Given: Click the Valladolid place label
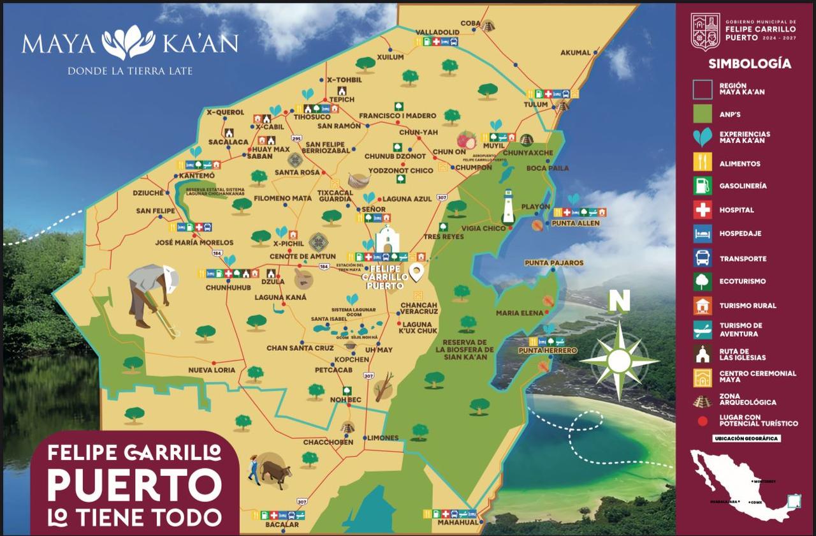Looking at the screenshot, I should coord(437,32).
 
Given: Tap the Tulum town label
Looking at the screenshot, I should coord(535,105).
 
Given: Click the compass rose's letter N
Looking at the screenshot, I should coord(618,301).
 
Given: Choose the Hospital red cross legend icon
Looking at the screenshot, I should coord(703,210).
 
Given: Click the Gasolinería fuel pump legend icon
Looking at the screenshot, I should coord(703,186).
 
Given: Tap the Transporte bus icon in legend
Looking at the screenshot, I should coord(703,258).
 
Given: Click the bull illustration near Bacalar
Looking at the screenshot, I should coord(274,473).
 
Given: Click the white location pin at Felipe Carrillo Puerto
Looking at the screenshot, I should coord(417,272).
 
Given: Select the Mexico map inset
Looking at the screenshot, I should coord(743,485).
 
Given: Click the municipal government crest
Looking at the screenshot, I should coord(705,32).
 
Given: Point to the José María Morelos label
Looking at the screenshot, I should coord(194,242).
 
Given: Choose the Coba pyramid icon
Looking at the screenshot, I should coord(488,26).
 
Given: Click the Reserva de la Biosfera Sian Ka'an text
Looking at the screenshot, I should coord(465,349).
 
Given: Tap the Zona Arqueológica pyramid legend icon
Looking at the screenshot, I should coord(703,402).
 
